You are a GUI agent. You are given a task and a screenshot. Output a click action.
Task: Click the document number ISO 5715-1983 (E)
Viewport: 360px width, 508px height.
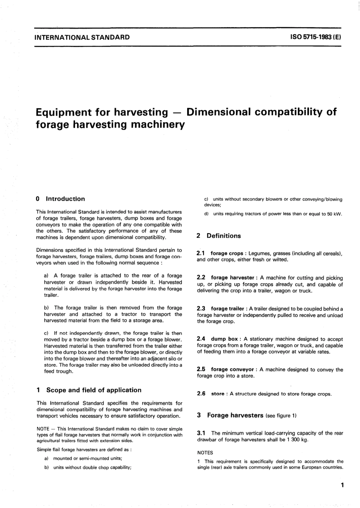[x=315, y=37]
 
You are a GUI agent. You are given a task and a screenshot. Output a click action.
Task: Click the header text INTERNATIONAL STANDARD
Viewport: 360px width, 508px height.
[x=82, y=37]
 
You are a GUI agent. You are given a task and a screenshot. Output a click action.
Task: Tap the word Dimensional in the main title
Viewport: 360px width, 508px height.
[x=219, y=112]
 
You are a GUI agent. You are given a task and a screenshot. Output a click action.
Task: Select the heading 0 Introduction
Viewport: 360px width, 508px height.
[x=60, y=199]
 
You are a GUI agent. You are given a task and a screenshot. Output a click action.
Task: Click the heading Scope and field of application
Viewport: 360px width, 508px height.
[x=93, y=390]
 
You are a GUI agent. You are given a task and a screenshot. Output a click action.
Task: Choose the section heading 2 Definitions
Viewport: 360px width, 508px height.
[x=219, y=236]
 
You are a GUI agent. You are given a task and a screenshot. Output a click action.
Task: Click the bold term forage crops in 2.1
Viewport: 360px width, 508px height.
[x=227, y=253]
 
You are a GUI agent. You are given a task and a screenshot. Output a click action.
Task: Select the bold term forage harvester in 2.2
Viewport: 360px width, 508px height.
[x=232, y=278]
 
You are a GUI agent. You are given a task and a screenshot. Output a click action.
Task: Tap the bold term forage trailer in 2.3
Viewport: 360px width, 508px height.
[x=227, y=309]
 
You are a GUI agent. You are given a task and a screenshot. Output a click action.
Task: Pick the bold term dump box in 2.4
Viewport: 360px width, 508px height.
[x=224, y=339]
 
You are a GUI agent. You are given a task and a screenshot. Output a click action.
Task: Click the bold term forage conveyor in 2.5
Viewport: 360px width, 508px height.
[x=232, y=369]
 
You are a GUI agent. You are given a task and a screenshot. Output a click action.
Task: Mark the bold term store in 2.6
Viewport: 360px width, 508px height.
[x=218, y=394]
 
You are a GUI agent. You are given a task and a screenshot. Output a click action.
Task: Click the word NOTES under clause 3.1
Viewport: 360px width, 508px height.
[x=205, y=453]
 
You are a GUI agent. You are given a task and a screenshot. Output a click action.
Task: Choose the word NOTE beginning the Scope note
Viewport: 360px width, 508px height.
[x=43, y=429]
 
